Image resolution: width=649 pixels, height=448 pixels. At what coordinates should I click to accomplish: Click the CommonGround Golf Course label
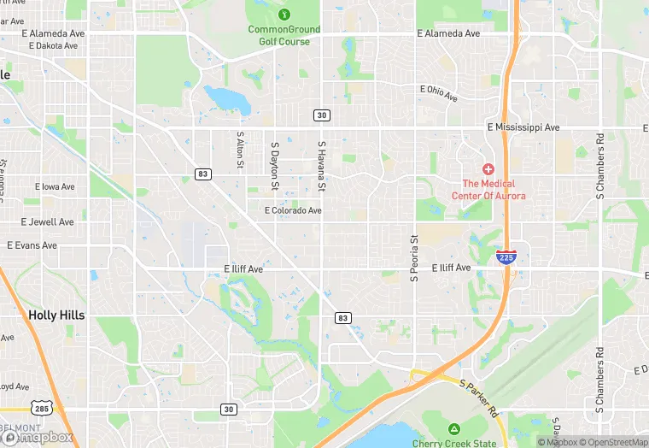[284, 35]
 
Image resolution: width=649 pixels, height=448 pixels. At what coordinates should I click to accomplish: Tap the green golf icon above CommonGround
[284, 14]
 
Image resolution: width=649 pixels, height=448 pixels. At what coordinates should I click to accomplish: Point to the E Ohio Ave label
[439, 90]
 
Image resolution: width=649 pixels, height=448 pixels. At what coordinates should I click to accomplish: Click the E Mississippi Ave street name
[523, 127]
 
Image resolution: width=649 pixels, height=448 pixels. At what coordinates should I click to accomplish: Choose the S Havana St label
[322, 166]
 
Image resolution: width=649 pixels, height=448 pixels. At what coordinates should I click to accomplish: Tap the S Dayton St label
[275, 166]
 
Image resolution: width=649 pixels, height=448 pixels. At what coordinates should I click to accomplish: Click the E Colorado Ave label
[293, 210]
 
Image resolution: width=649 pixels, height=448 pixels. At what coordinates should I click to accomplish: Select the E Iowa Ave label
[55, 186]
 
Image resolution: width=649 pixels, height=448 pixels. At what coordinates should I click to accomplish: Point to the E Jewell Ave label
[48, 221]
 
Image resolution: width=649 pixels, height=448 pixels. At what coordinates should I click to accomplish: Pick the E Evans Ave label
[32, 245]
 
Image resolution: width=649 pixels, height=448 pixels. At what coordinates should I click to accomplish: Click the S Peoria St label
[415, 260]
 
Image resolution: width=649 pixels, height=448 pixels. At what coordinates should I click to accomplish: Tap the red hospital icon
[488, 169]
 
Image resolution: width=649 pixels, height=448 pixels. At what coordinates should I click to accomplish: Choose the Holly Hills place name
[56, 315]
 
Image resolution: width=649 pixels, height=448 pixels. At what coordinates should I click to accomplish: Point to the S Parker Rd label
[478, 397]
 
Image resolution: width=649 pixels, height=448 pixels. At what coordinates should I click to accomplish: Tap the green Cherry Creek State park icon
[453, 428]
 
